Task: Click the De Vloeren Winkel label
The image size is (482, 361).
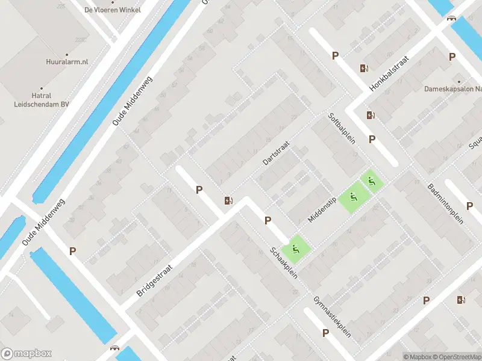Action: pyautogui.click(x=112, y=10)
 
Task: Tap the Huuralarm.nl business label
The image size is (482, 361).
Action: pyautogui.click(x=67, y=61)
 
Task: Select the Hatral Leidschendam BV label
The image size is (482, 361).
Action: pyautogui.click(x=42, y=99)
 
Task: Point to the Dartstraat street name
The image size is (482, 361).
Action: pyautogui.click(x=277, y=153)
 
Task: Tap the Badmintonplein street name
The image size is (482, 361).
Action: pyautogui.click(x=446, y=203)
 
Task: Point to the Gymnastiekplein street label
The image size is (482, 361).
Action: pyautogui.click(x=332, y=316)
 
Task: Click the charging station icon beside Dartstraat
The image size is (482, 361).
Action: pyautogui.click(x=228, y=200)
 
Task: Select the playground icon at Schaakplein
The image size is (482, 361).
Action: pyautogui.click(x=295, y=248)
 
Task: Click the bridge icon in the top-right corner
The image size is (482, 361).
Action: pyautogui.click(x=451, y=19)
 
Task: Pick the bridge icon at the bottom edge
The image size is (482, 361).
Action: pyautogui.click(x=114, y=348)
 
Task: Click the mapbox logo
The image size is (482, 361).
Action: pyautogui.click(x=27, y=354)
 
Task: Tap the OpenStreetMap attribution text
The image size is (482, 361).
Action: pyautogui.click(x=455, y=357)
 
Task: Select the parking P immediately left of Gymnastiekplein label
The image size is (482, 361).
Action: pyautogui.click(x=325, y=333)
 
